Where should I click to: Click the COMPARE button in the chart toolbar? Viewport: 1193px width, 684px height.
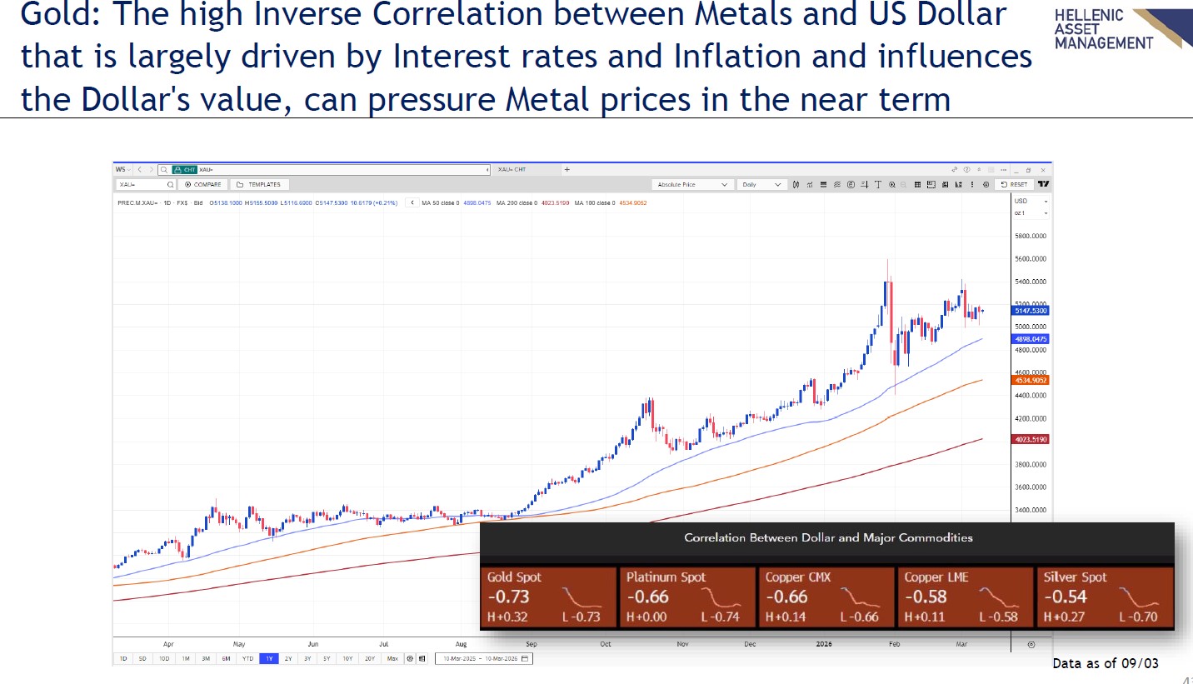click(204, 184)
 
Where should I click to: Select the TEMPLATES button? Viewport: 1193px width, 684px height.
click(259, 184)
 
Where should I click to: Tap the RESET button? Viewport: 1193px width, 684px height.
click(1016, 184)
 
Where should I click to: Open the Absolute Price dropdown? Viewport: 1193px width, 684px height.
click(692, 184)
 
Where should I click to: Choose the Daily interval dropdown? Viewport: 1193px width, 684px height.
click(762, 184)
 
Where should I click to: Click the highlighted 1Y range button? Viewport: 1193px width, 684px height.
click(268, 658)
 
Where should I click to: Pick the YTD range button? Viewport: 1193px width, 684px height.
click(247, 658)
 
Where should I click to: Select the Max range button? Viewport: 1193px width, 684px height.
click(392, 658)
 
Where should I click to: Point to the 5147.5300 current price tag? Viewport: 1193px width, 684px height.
click(1031, 311)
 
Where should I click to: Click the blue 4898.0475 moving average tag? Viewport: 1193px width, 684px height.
click(1031, 339)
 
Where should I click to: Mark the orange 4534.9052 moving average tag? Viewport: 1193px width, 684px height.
click(1031, 380)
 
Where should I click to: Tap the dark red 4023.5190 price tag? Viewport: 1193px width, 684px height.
click(1031, 439)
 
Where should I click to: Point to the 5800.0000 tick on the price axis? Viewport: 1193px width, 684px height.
click(1031, 236)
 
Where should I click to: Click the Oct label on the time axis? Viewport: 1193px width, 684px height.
click(606, 644)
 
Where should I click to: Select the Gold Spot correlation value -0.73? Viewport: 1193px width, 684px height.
click(509, 597)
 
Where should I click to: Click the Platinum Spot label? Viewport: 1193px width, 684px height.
click(666, 577)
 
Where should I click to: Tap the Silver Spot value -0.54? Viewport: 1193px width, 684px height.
click(1065, 597)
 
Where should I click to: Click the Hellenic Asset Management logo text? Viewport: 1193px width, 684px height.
click(1102, 29)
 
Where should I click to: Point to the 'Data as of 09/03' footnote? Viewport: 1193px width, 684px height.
click(1106, 663)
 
